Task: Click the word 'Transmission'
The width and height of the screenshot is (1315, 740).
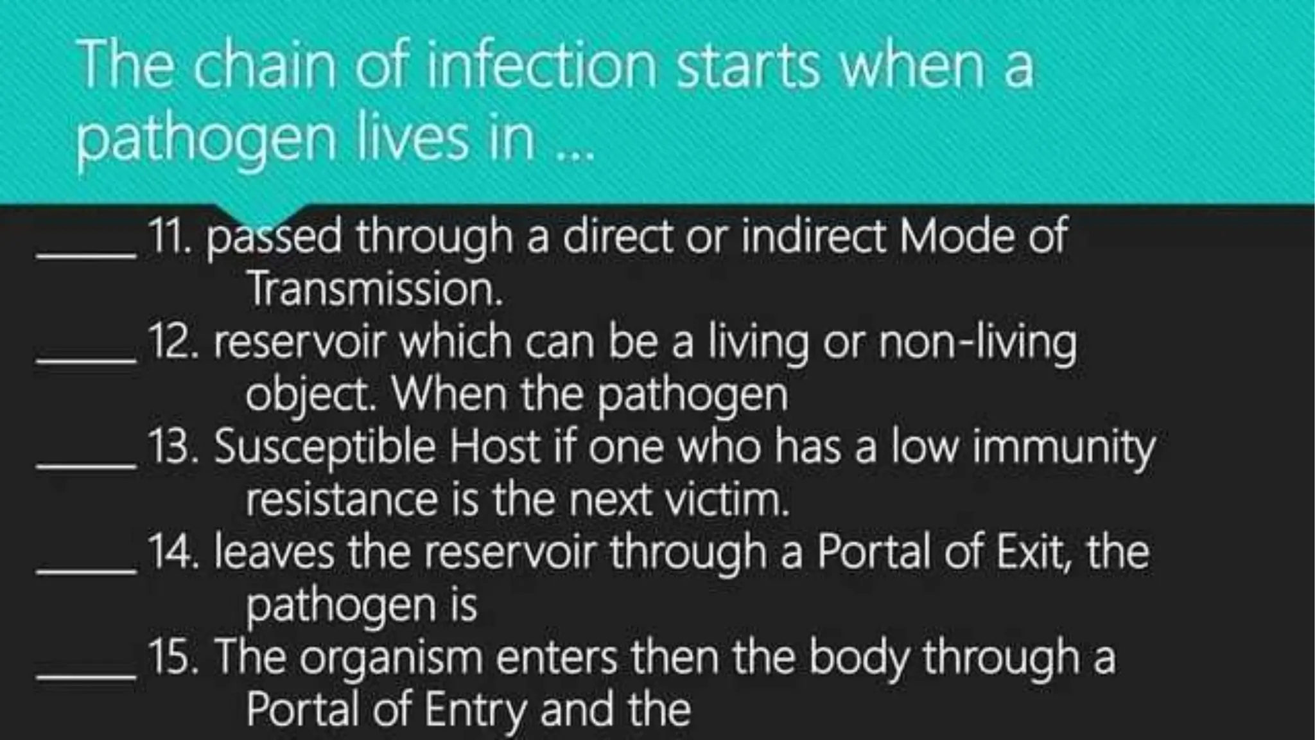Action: pos(374,289)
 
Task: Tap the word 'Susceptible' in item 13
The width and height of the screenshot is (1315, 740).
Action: pos(325,448)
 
